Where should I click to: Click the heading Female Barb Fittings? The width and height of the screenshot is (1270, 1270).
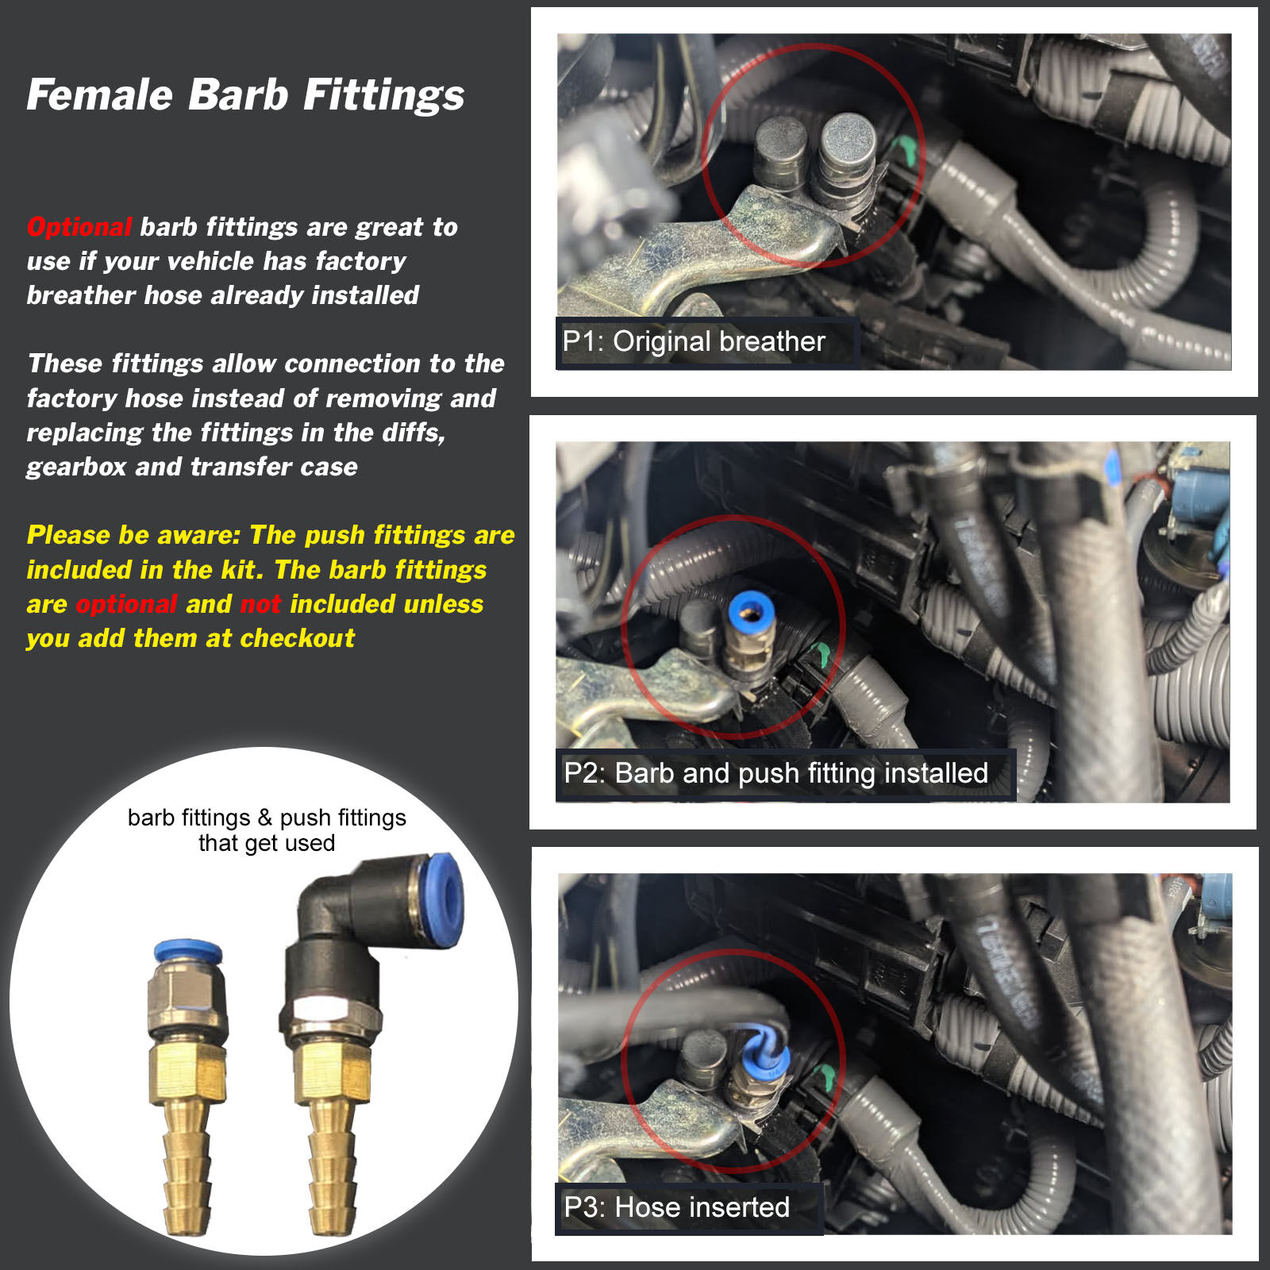[245, 95]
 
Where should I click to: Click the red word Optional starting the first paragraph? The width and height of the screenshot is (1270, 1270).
[79, 227]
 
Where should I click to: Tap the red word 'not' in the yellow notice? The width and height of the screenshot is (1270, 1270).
[260, 604]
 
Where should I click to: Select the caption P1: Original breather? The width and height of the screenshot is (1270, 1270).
[694, 341]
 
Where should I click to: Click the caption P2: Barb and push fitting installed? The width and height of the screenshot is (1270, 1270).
[775, 773]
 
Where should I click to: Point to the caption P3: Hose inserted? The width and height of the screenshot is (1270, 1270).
[676, 1206]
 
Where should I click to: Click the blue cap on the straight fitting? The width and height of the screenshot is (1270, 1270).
[188, 952]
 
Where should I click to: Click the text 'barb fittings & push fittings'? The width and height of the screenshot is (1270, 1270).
[267, 818]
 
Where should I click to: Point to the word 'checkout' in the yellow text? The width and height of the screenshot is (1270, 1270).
[297, 638]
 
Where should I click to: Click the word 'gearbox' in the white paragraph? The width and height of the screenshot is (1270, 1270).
[76, 468]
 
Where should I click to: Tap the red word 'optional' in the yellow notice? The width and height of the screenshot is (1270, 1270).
[126, 605]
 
